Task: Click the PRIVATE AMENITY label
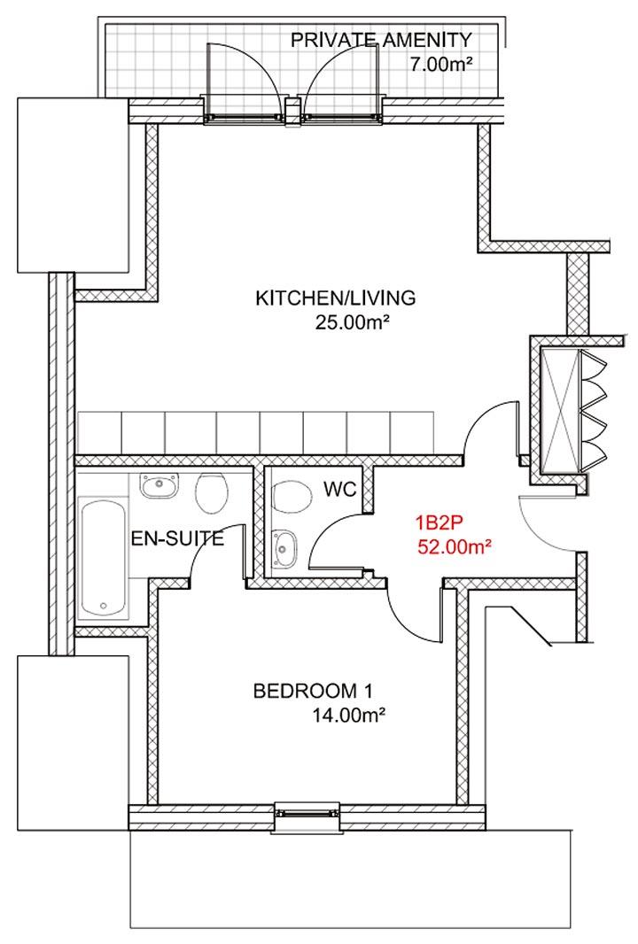tap(381, 41)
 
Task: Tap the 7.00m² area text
tap(440, 64)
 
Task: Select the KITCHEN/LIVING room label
tap(336, 298)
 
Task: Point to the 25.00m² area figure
tap(350, 323)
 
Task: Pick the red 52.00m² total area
tap(453, 547)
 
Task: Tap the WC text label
tap(340, 489)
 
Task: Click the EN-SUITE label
tap(177, 538)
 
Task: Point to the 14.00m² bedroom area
tap(349, 716)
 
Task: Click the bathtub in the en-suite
tap(104, 558)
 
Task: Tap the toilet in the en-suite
tap(212, 492)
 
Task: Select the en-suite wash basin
tap(159, 485)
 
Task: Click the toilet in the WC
tap(292, 497)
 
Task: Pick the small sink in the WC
tap(284, 548)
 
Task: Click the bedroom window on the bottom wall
tap(307, 813)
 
